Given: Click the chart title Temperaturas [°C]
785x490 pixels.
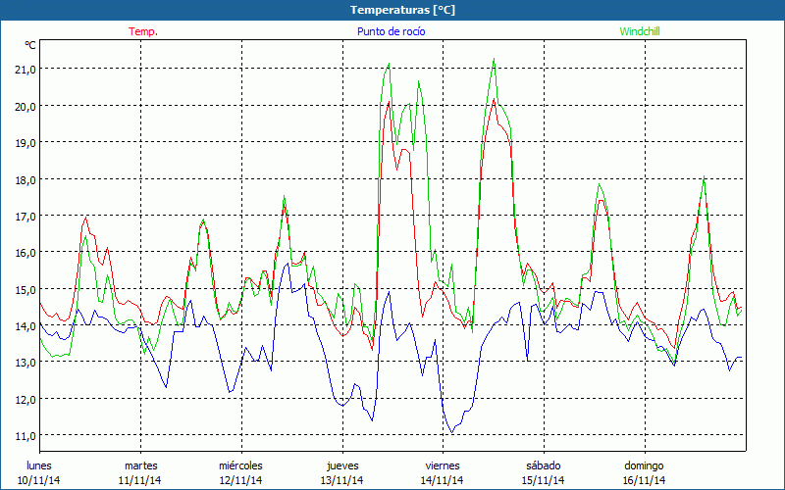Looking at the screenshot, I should point(402,10).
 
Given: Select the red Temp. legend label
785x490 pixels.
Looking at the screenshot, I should point(143,31).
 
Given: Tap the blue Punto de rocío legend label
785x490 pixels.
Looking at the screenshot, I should point(391,31).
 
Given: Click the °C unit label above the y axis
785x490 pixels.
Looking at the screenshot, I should point(30,45).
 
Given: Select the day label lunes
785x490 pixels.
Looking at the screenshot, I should point(39,465).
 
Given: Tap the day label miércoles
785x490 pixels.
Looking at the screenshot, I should point(240,465).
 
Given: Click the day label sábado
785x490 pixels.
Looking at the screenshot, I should point(543,465).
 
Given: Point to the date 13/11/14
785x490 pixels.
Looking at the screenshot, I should point(341,480).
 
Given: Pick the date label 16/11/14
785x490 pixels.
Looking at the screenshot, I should point(644,480).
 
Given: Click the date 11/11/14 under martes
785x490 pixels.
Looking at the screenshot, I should point(140,480).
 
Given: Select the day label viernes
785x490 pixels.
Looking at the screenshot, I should point(442,465).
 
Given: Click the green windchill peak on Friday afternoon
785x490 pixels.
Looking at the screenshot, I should point(494,60).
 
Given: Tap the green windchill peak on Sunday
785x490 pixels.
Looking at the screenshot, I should point(704,177).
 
